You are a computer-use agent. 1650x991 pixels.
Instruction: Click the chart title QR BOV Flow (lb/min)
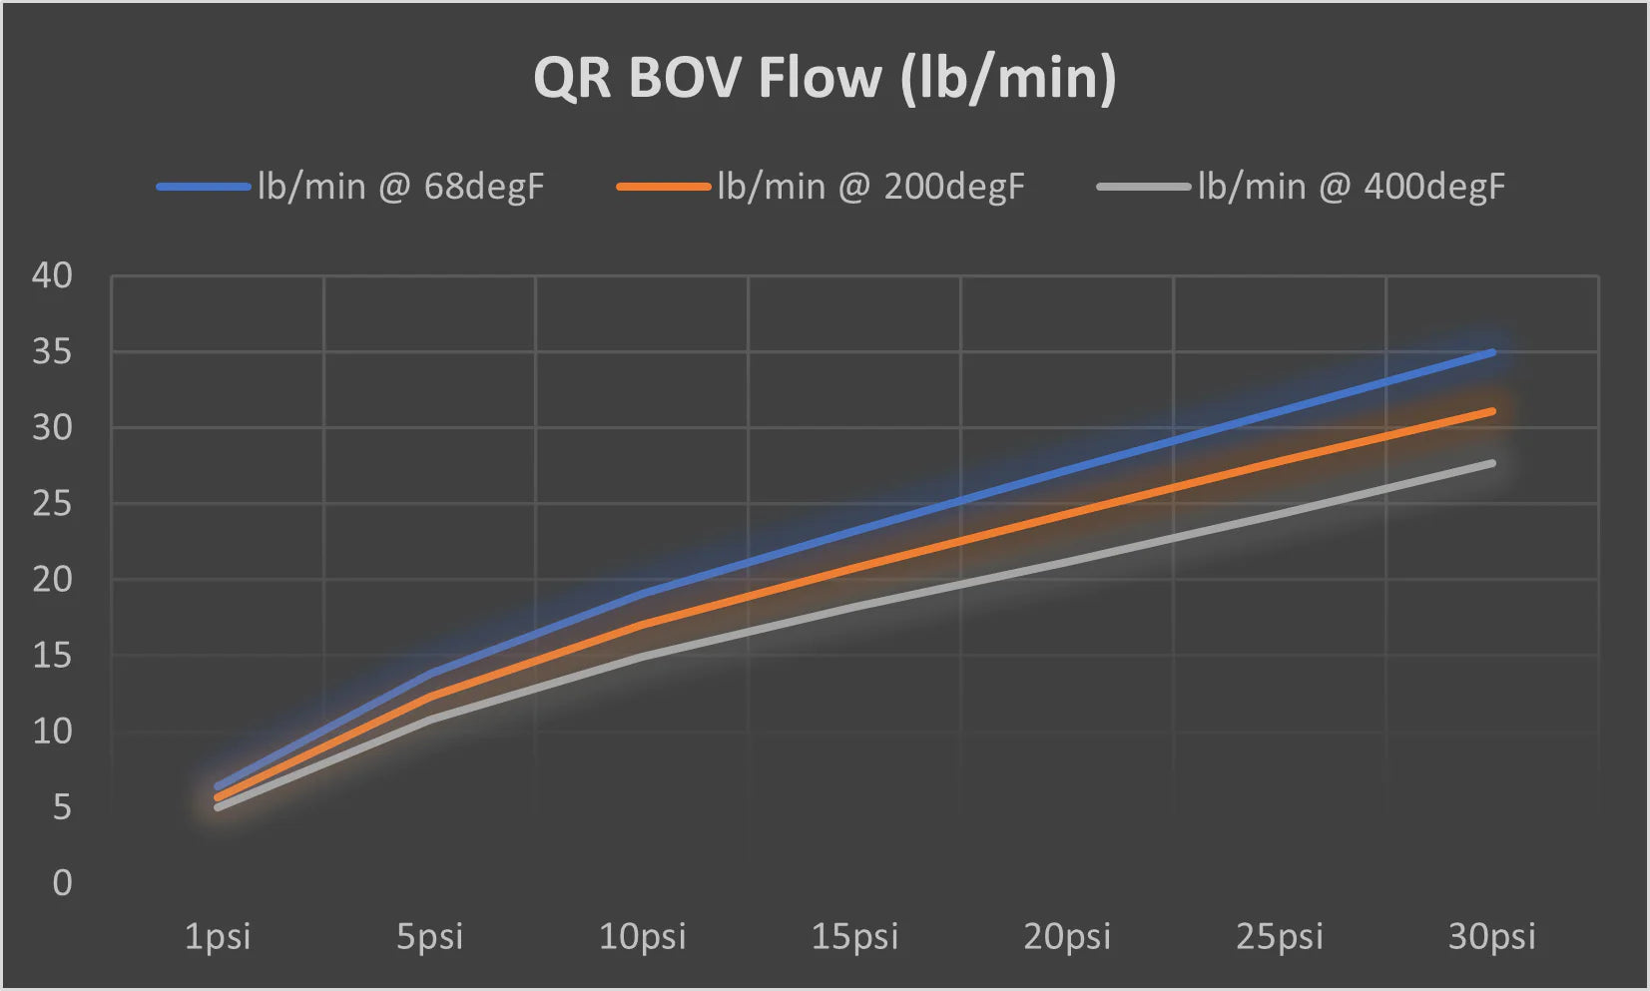pos(825,78)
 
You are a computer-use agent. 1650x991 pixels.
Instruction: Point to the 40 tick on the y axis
pos(52,275)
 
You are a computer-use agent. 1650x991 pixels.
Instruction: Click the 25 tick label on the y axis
pos(52,504)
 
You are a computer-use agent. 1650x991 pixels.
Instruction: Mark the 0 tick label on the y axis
pos(62,883)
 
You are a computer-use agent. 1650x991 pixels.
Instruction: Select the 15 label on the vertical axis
pos(52,656)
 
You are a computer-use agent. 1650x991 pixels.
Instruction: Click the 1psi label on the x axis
pos(218,937)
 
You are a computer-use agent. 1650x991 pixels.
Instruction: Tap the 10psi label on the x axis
pos(642,937)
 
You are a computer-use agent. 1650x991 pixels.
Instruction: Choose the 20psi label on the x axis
pos(1067,937)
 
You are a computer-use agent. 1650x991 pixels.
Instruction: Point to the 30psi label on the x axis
pos(1491,937)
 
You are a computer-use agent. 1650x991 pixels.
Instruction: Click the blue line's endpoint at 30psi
pos(1492,352)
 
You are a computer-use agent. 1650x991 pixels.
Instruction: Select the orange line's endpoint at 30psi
pos(1492,410)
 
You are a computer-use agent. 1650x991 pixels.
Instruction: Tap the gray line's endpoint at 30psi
pos(1492,463)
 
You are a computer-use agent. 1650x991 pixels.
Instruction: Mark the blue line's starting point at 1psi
pos(218,786)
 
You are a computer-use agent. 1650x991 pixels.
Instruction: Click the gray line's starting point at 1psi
pos(218,806)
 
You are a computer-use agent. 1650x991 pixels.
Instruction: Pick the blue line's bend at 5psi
pos(430,674)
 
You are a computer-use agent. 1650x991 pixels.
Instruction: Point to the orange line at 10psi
pos(642,625)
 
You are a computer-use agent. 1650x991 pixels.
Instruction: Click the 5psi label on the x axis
pos(430,937)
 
